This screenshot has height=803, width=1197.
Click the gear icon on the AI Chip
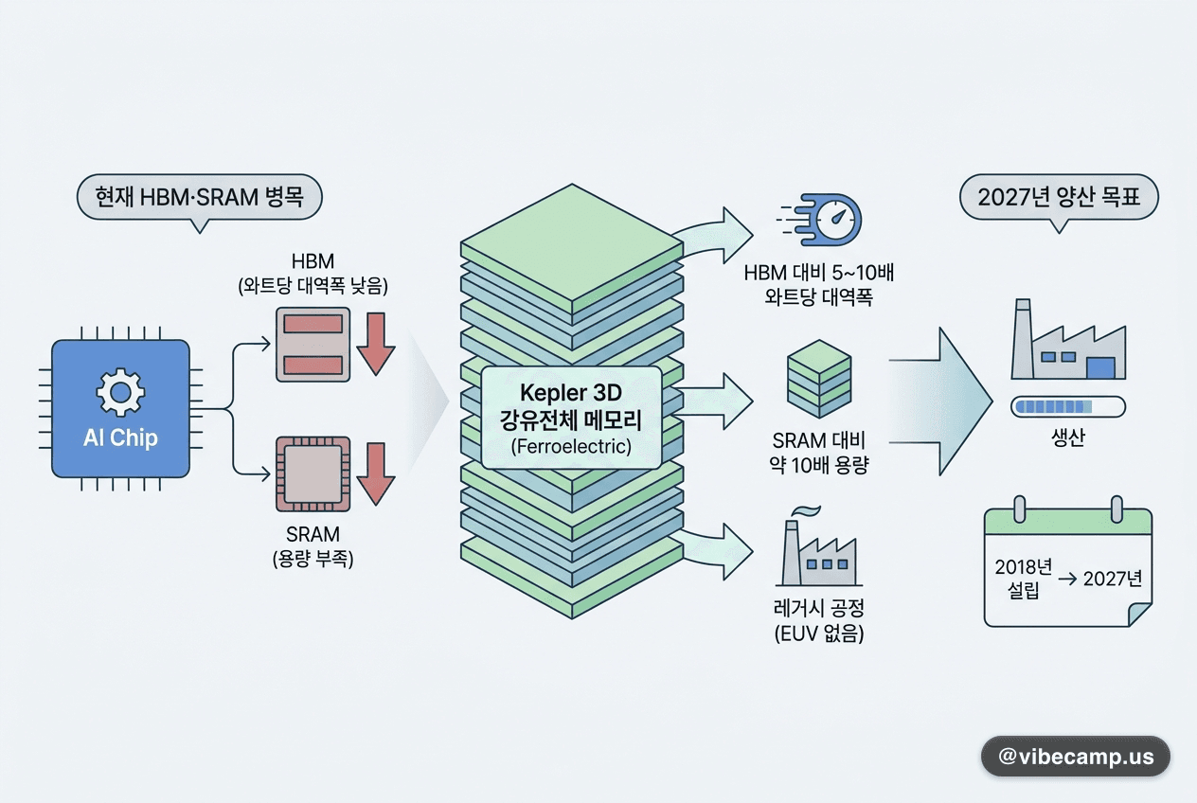click(x=120, y=393)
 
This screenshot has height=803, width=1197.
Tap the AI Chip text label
click(x=120, y=438)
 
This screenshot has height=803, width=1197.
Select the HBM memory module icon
click(x=313, y=344)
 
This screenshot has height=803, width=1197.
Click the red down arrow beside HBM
click(x=376, y=344)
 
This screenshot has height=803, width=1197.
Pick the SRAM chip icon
click(x=313, y=473)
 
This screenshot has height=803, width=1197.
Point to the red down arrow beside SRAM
click(x=376, y=473)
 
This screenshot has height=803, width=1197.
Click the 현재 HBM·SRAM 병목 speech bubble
click(x=199, y=198)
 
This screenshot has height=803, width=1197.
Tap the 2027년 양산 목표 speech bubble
click(x=1059, y=198)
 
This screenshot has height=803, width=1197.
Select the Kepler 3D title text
click(x=571, y=393)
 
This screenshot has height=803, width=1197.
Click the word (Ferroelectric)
click(x=571, y=446)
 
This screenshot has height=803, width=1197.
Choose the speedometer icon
click(x=819, y=220)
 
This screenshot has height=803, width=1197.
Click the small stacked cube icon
click(x=819, y=379)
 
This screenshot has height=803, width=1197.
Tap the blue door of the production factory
click(x=1100, y=368)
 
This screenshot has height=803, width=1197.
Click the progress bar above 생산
click(x=1068, y=407)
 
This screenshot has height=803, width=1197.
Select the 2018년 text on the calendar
click(x=1023, y=567)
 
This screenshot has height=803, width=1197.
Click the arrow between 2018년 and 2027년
click(x=1067, y=580)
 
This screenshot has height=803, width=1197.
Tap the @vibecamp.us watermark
click(x=1076, y=757)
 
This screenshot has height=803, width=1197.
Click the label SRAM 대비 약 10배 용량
click(x=818, y=453)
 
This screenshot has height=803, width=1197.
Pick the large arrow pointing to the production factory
click(x=940, y=401)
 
